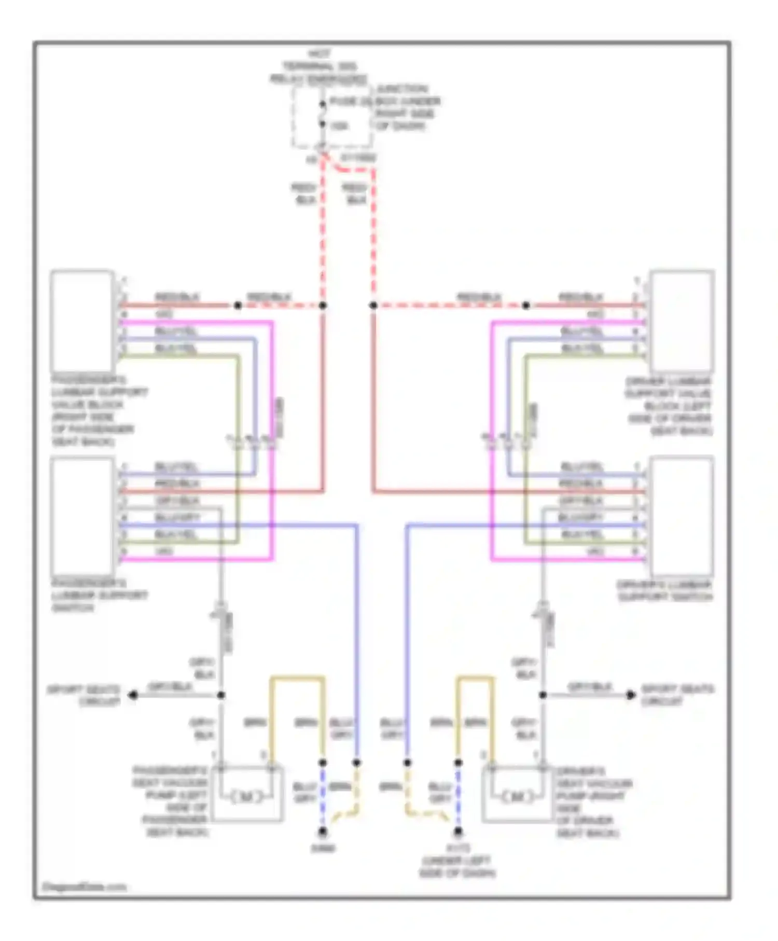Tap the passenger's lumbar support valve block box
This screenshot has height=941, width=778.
[82, 321]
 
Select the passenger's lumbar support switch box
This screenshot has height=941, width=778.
[82, 516]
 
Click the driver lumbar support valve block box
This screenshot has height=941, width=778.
[682, 321]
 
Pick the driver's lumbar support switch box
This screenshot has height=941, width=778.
[682, 516]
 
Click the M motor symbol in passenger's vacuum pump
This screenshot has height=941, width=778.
[247, 797]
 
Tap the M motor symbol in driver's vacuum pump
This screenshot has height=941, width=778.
[518, 797]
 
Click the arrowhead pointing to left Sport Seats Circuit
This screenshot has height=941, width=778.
[133, 695]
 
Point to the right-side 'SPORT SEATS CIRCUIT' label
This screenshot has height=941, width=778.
[677, 695]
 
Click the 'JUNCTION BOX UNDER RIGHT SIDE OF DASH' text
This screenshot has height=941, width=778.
[408, 107]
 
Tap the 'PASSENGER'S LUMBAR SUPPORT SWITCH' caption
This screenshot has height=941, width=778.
[99, 595]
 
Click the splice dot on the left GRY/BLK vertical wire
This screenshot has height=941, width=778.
[221, 695]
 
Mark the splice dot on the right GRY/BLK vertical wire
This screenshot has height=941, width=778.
[543, 695]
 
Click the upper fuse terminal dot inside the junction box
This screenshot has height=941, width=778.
[322, 104]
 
